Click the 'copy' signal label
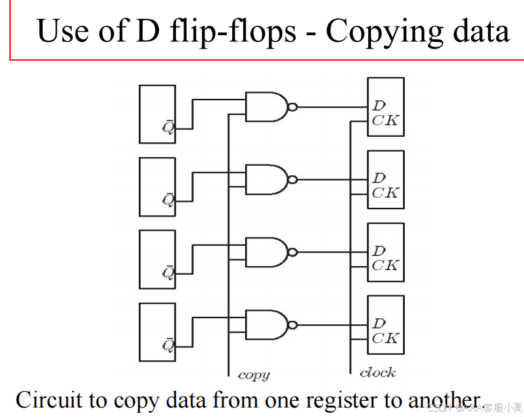[x=254, y=374]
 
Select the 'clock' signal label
[x=378, y=372]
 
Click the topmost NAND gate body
[x=266, y=107]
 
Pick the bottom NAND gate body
[x=266, y=324]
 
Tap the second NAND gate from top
[x=266, y=179]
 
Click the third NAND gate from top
[x=266, y=252]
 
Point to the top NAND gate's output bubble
[x=292, y=107]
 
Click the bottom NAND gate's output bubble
[x=292, y=324]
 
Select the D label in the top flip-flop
[x=378, y=106]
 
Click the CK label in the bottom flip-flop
[x=385, y=338]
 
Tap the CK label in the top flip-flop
[x=385, y=120]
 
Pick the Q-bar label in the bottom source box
[x=167, y=345]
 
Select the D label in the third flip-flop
[x=378, y=251]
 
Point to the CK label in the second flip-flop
[x=385, y=193]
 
